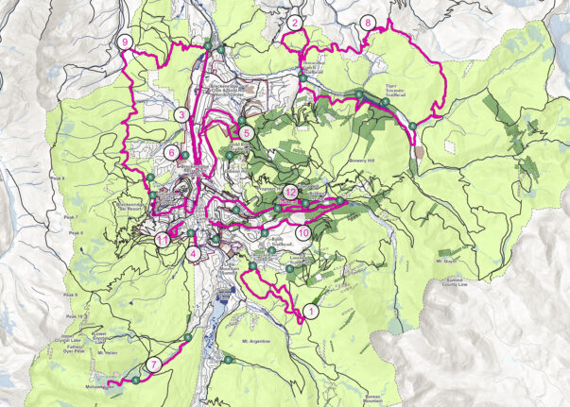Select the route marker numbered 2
(296, 23)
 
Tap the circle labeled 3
(181, 115)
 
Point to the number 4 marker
(193, 252)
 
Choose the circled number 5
(246, 133)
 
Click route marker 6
(170, 151)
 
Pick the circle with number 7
(154, 365)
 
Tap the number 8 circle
(367, 23)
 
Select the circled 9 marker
(125, 42)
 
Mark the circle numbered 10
(302, 231)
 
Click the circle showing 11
(163, 240)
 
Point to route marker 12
(291, 192)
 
